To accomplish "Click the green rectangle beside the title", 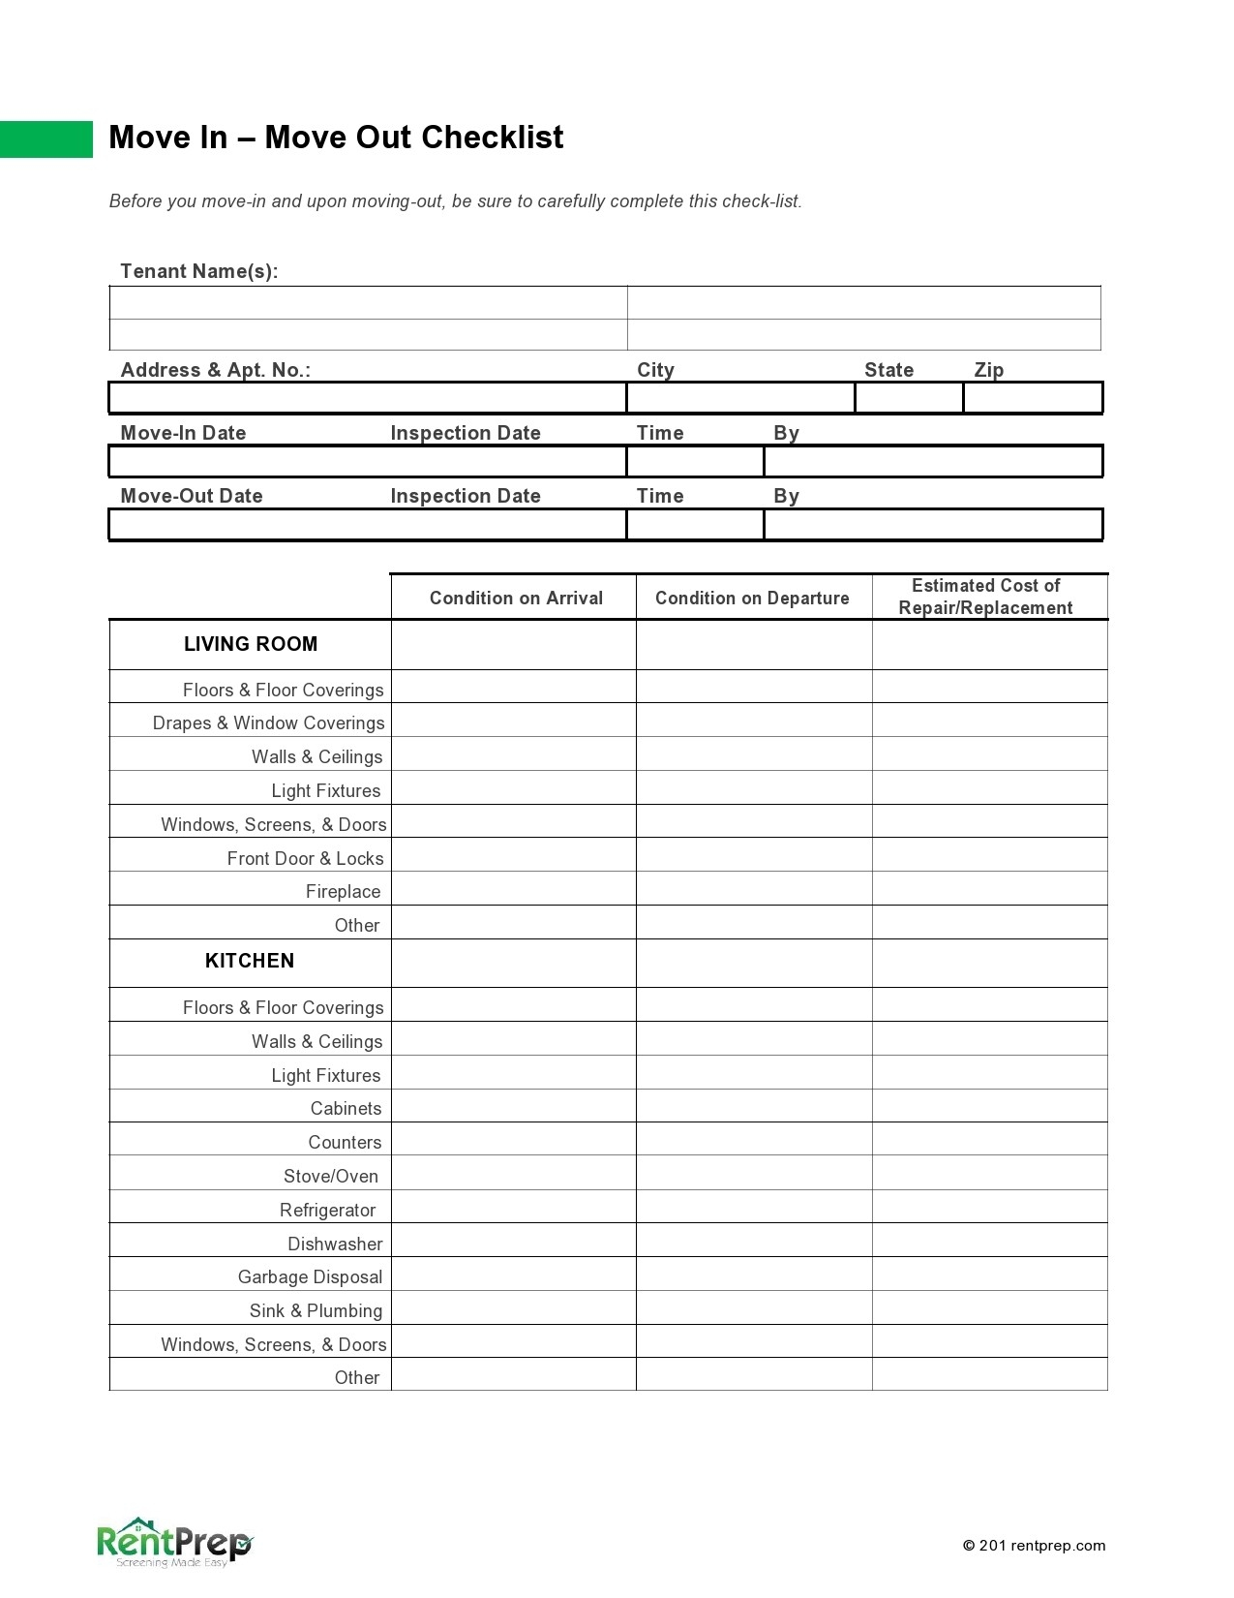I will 45,138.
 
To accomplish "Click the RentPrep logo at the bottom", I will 174,1542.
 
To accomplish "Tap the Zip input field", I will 1033,398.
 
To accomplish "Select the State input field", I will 909,398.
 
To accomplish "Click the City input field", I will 740,398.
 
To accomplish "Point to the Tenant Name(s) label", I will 198,271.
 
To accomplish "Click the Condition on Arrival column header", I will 516,598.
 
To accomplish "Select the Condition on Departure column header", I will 752,598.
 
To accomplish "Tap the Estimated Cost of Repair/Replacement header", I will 985,597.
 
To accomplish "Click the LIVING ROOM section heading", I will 251,644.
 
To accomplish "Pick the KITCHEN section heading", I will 250,961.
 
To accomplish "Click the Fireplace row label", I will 343,891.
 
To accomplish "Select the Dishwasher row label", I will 335,1244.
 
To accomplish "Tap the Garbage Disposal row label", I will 310,1276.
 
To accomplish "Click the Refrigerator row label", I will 327,1210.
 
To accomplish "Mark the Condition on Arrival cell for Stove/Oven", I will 513,1174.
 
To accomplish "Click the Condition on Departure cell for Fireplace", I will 754,889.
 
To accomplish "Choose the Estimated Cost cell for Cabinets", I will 989,1106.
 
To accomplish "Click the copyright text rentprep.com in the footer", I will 1034,1546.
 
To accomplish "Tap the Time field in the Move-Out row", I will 695,525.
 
